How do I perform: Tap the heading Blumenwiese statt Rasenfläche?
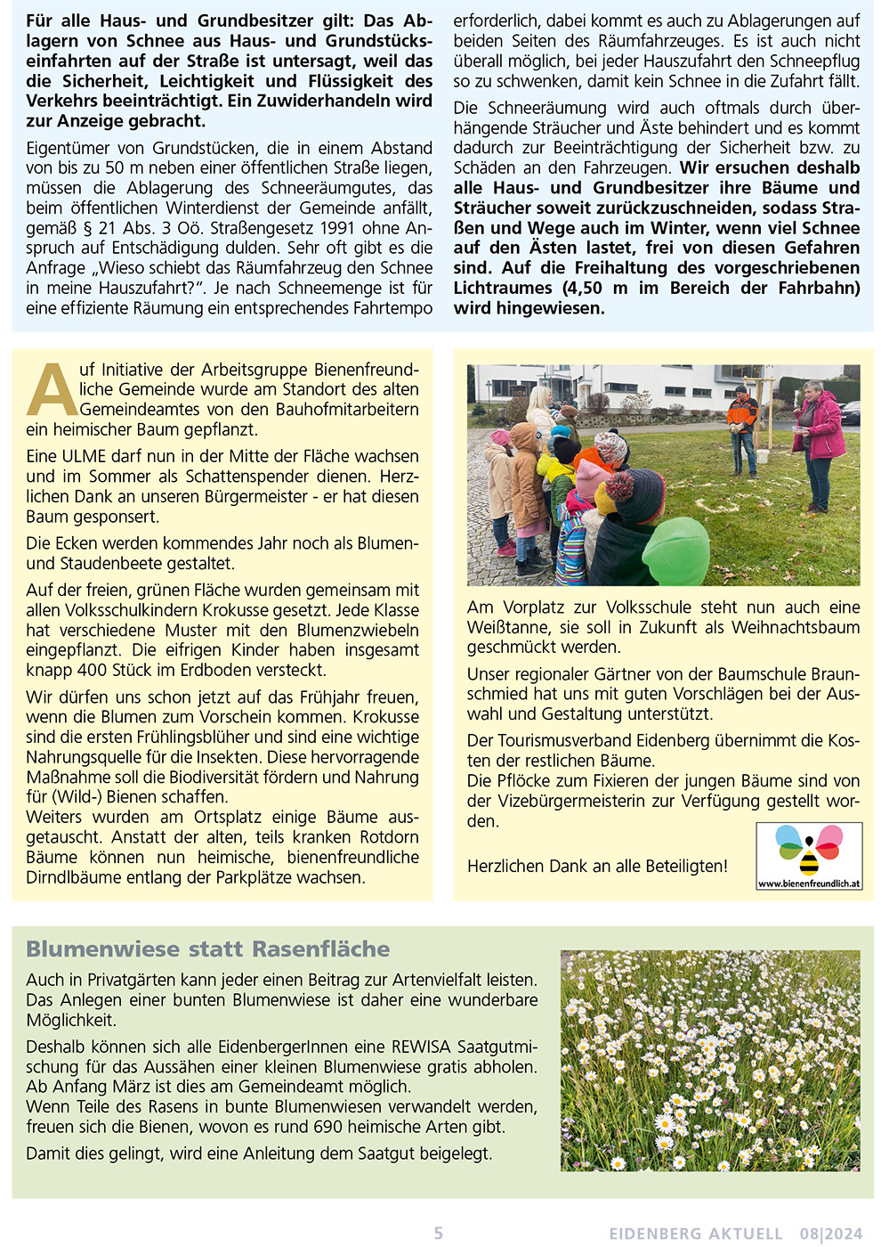coord(207,949)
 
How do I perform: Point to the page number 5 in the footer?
coord(438,1233)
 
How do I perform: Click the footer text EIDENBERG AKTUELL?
coord(696,1234)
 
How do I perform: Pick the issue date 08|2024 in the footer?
coord(830,1234)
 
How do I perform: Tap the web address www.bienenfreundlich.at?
coord(809,884)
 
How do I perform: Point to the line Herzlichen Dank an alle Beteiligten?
coord(596,866)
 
